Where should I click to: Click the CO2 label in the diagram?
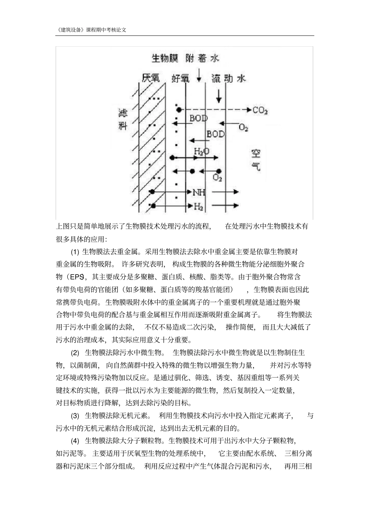(x=260, y=110)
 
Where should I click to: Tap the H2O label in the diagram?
(x=201, y=151)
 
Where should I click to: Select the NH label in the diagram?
(x=199, y=192)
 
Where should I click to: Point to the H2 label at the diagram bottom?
(x=199, y=206)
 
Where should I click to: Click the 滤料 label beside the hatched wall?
(x=123, y=120)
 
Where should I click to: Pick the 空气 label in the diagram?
(x=256, y=160)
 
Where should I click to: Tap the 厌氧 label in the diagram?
(x=151, y=78)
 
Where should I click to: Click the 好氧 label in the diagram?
(x=181, y=79)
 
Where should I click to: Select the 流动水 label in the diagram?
(x=229, y=79)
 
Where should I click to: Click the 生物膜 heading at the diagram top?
(x=165, y=58)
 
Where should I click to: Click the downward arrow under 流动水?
(x=219, y=95)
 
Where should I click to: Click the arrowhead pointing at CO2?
(x=248, y=110)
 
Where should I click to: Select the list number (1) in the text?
(x=75, y=252)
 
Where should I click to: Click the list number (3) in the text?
(x=75, y=416)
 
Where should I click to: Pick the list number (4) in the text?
(x=75, y=441)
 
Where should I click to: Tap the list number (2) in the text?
(x=75, y=353)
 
